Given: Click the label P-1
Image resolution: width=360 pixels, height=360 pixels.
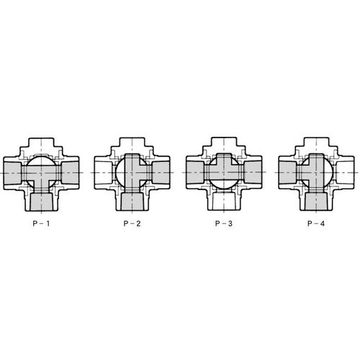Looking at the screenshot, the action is (x=41, y=224).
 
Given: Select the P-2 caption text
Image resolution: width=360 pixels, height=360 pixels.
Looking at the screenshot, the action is (x=132, y=224).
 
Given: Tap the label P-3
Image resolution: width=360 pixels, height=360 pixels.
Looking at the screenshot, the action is (x=224, y=224).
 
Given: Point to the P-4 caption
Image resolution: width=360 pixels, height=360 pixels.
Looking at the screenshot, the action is (x=316, y=224).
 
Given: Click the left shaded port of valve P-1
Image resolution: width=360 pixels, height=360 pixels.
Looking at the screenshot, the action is (x=12, y=173).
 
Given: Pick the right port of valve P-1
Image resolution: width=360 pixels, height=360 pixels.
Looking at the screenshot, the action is (x=70, y=173).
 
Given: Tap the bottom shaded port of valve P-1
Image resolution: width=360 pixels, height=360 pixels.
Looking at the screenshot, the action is (x=42, y=202).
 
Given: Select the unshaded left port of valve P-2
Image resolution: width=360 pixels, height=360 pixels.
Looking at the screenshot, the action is (x=104, y=173).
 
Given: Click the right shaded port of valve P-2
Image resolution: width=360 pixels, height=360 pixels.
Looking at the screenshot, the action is (x=161, y=173).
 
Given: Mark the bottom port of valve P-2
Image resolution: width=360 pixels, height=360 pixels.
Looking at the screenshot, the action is (x=132, y=202).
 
